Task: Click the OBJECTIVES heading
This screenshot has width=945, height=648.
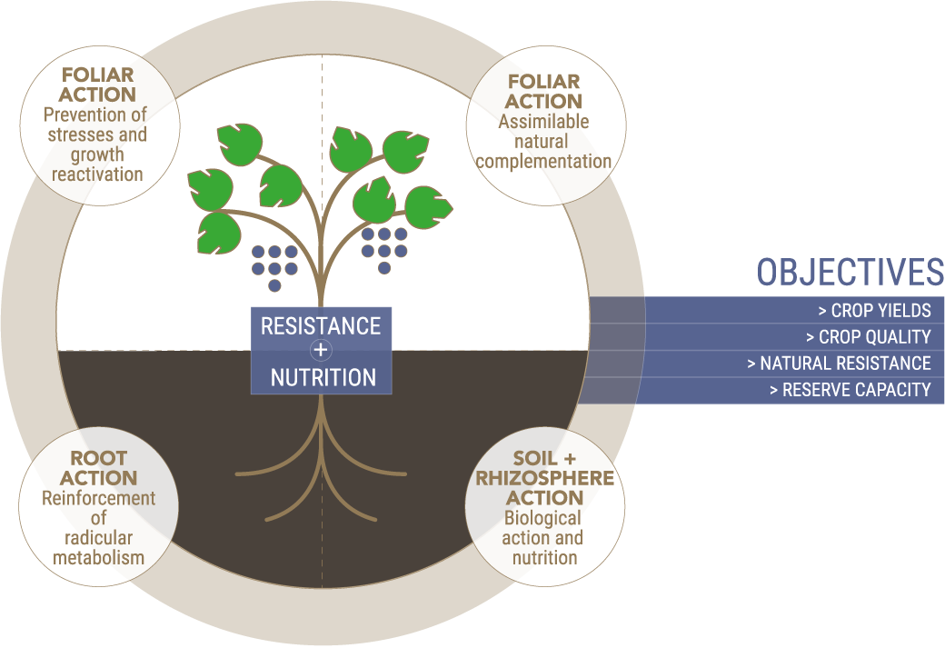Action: pos(850,272)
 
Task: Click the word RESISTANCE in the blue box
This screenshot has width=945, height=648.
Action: pos(321,326)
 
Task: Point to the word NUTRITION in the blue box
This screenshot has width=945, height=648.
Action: pos(323,377)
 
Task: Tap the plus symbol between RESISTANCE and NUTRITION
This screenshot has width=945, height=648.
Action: pos(321,350)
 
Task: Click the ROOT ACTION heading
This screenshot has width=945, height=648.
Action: pos(98,468)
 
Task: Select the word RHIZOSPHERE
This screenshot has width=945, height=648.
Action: pos(545,478)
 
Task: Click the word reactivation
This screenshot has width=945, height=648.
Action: pos(97,174)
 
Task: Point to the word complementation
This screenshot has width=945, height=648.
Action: pos(543,162)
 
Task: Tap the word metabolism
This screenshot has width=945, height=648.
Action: pos(99,558)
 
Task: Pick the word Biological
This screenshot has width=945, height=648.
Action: pos(542,518)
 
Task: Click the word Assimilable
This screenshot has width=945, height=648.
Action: pos(543,121)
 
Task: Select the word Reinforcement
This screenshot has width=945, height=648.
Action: pos(99,498)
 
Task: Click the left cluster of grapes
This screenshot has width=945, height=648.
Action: pos(274,268)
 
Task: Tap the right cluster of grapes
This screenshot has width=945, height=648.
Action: pos(383,250)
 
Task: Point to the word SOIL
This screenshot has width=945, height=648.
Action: pos(531,458)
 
